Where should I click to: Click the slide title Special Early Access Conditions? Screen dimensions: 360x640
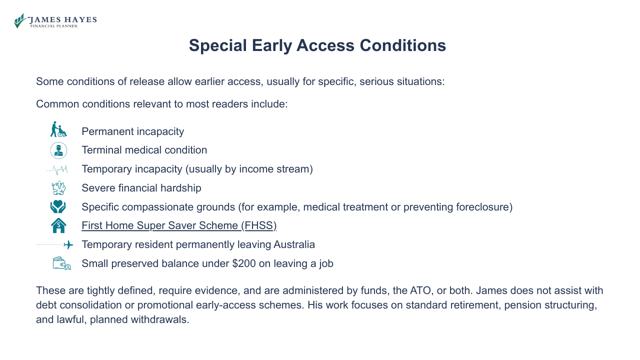point(317,45)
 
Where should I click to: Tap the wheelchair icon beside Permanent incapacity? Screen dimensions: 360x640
point(58,129)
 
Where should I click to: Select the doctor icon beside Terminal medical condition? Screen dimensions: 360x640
point(58,150)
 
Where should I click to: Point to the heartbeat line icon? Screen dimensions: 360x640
point(57,169)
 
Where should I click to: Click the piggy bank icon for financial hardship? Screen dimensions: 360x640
point(58,188)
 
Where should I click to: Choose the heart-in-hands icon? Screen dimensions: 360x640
point(58,207)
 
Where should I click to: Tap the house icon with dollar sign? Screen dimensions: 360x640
point(58,225)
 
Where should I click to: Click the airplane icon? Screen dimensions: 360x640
point(68,245)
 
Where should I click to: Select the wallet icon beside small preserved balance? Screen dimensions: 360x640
point(61,263)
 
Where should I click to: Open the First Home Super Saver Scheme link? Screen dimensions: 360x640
point(179,225)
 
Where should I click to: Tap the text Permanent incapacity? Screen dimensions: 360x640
point(132,131)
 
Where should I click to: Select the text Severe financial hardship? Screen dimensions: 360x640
point(141,188)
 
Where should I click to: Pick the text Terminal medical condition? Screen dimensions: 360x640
point(144,150)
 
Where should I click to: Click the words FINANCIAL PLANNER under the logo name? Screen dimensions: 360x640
point(54,26)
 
